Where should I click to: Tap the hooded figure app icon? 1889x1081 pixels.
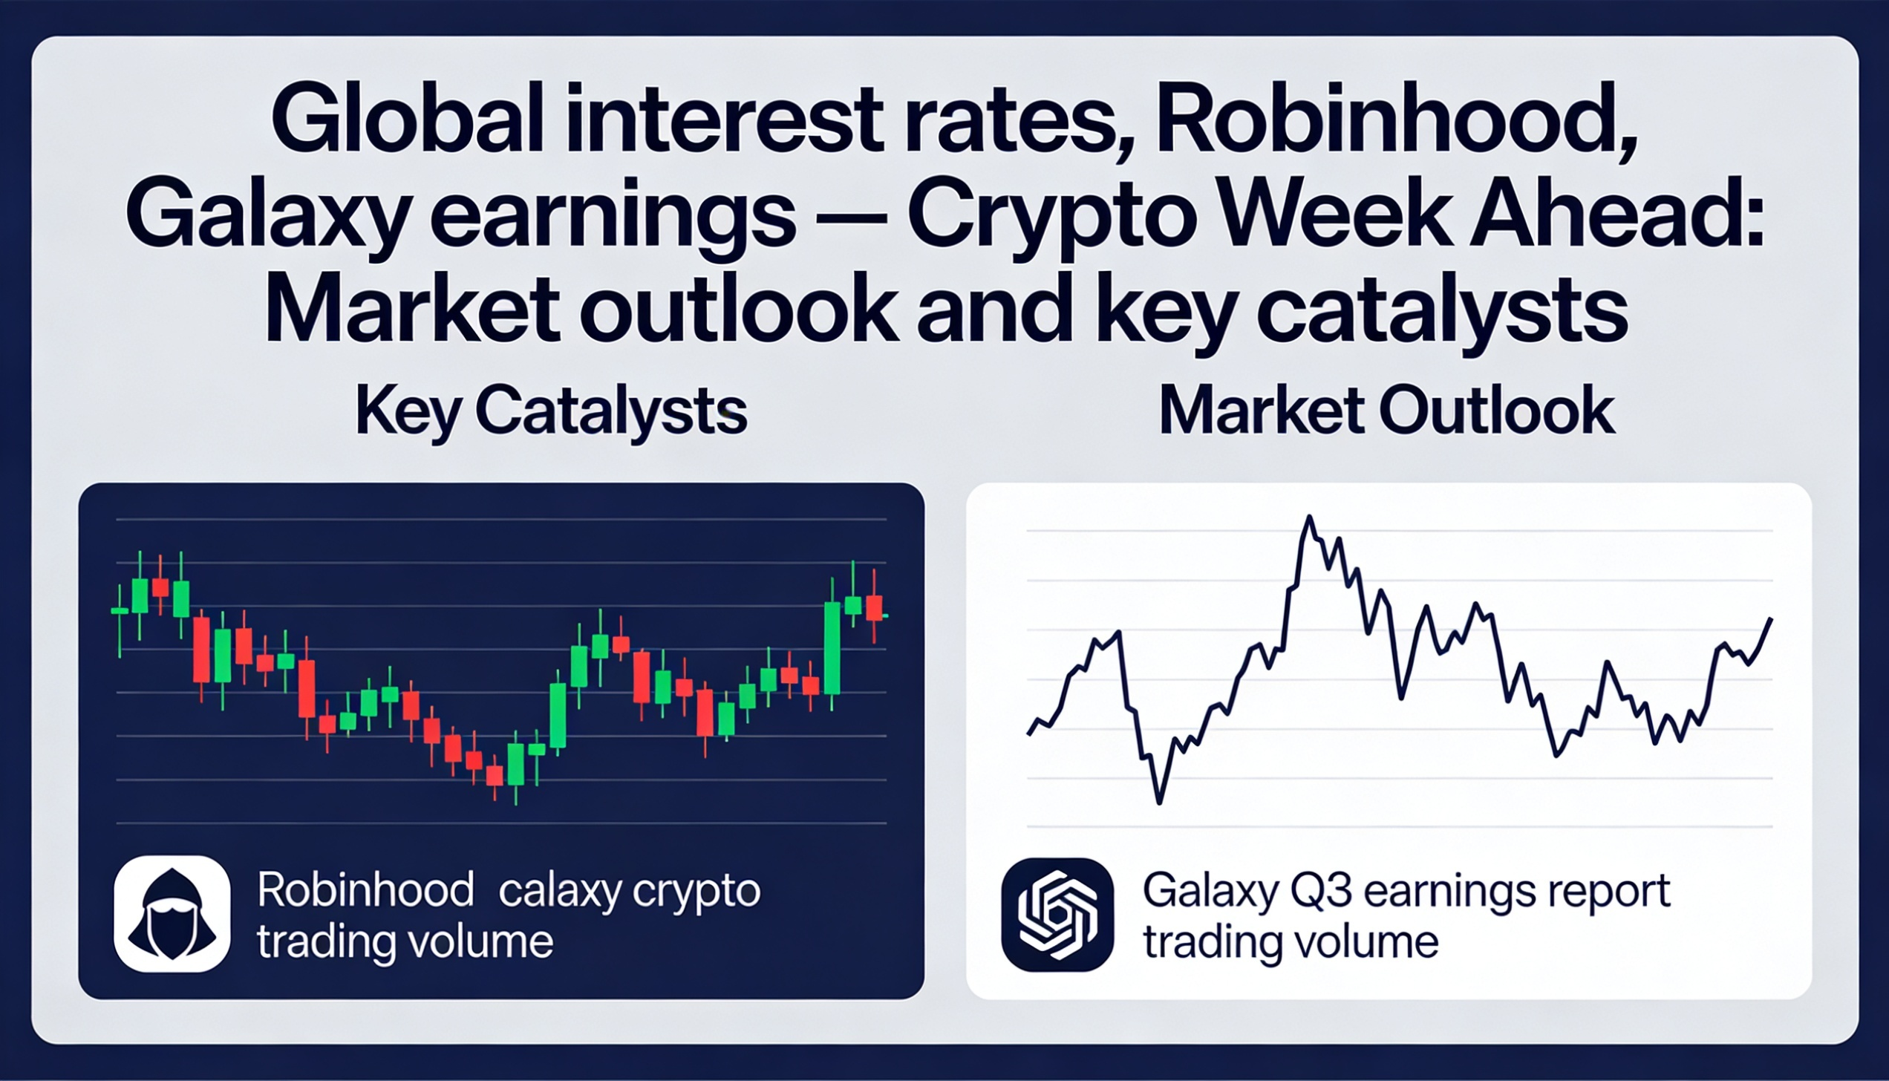click(172, 913)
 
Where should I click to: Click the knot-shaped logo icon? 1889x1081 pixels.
click(1057, 915)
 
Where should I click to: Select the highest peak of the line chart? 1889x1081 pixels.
click(1310, 517)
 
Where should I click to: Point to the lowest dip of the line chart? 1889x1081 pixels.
click(1160, 802)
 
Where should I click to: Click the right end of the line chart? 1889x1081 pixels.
click(1772, 619)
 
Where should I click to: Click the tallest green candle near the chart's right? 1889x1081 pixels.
click(832, 647)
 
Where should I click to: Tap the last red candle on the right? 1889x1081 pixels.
click(875, 607)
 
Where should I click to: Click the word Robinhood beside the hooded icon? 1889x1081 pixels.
click(365, 890)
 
